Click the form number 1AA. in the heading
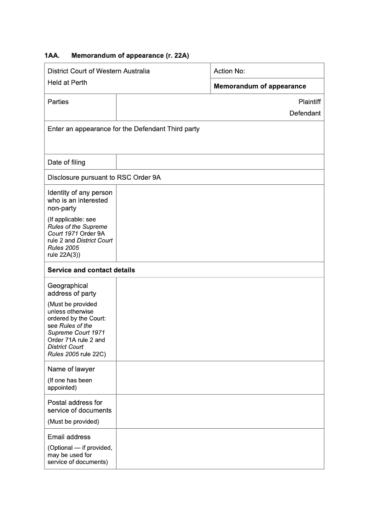(52, 55)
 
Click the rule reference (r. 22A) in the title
(177, 55)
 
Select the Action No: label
(229, 71)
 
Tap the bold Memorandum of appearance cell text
(260, 86)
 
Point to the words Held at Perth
(67, 83)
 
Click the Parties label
(58, 102)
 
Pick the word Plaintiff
(309, 102)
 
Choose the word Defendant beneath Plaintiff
(305, 113)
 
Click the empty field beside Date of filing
(220, 162)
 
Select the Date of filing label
(66, 162)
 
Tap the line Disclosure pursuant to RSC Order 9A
(104, 177)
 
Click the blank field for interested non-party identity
(220, 223)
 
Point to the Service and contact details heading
(91, 270)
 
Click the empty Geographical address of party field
(220, 319)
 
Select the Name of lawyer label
(71, 369)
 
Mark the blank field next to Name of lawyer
(220, 378)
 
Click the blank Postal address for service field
(220, 411)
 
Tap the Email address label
(69, 437)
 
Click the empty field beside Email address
(220, 448)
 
